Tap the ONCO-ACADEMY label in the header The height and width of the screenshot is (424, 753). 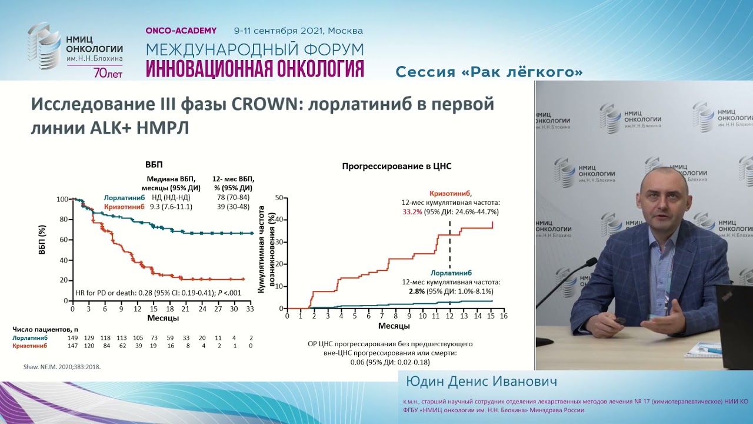coord(181,31)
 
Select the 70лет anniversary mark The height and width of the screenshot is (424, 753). coord(108,73)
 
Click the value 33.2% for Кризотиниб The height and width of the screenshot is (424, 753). coord(412,212)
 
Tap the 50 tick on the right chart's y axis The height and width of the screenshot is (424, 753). coord(279,198)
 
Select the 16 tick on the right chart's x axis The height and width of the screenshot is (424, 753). coord(504,316)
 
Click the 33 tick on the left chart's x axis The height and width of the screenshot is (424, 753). coord(249,309)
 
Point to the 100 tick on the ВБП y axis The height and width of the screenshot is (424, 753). coord(62,199)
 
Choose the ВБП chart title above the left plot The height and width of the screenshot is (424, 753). coord(154,165)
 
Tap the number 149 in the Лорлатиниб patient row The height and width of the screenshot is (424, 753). coord(72,338)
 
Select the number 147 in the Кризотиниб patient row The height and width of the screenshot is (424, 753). coord(72,346)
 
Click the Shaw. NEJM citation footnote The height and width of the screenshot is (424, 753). coord(62,366)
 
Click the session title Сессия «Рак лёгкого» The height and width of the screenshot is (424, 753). coord(489,72)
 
